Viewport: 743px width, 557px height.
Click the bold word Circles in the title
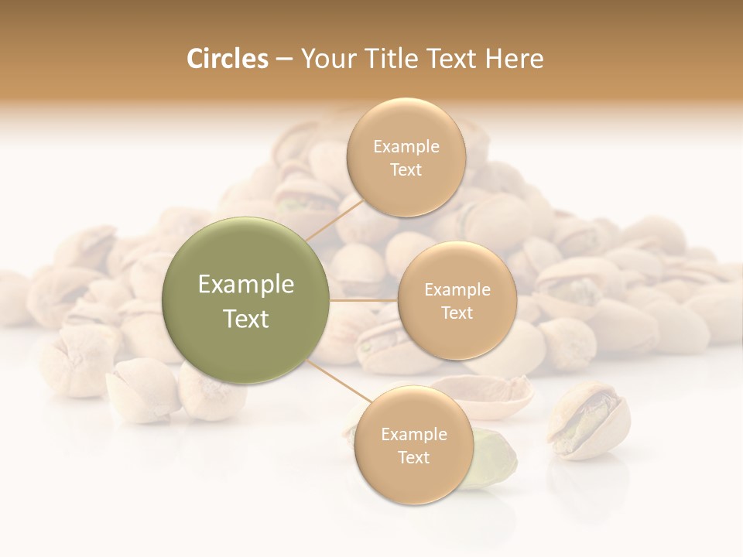point(227,59)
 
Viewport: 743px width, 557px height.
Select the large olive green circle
point(246,300)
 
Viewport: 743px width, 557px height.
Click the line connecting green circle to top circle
point(334,217)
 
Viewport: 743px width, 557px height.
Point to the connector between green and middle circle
point(364,300)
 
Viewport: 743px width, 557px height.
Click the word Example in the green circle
point(246,285)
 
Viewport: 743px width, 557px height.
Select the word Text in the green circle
point(246,319)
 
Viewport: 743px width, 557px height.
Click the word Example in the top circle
point(406,147)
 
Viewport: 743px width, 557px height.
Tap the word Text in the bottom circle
point(413,458)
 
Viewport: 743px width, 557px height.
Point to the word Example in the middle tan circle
point(457,290)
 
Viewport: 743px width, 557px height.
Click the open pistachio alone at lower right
point(588,419)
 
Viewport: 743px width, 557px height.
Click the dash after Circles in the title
point(284,60)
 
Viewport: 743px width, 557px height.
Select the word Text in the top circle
point(406,170)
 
